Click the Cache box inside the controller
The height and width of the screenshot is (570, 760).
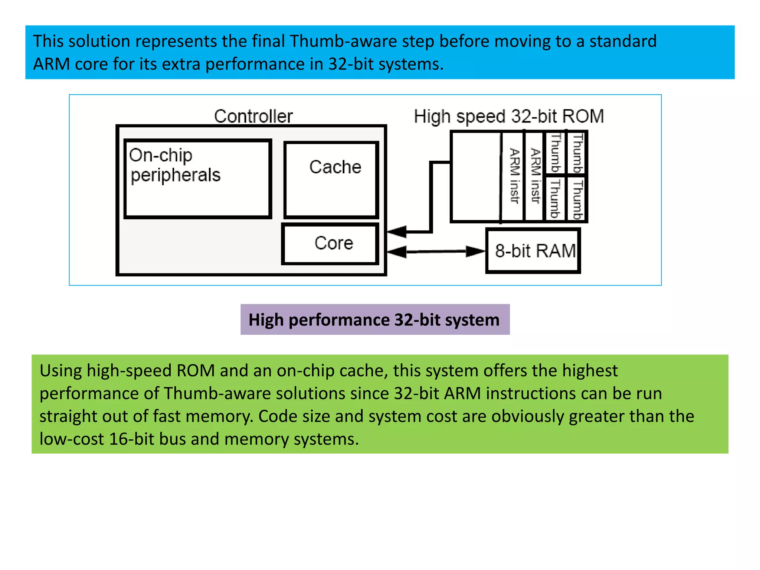coord(331,180)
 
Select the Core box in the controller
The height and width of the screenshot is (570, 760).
coord(331,244)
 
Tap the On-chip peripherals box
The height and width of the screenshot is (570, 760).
coord(197,179)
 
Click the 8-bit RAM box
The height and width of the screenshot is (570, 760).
coord(533,251)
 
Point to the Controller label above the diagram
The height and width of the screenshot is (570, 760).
coord(253,117)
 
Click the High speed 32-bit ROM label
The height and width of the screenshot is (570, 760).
coord(509,117)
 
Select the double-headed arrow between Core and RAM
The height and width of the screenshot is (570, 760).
coord(436,252)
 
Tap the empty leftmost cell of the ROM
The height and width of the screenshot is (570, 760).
coord(475,177)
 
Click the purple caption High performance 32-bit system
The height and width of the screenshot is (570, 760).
coord(375,320)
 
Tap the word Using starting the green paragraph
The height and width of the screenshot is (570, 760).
coord(60,371)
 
